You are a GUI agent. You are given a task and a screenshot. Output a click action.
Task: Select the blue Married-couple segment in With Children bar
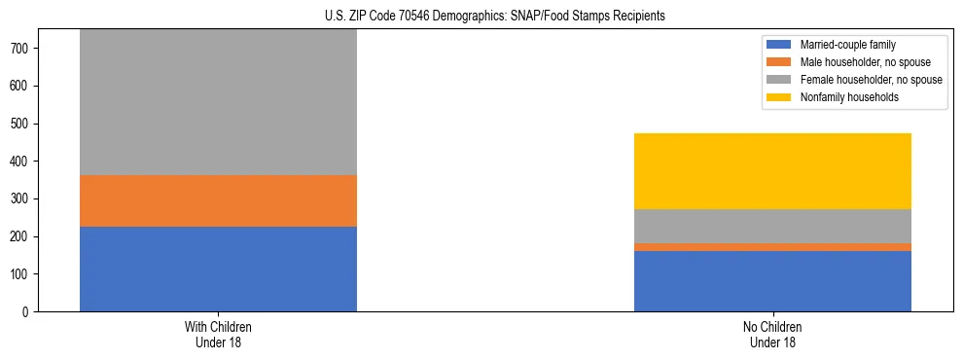point(218,269)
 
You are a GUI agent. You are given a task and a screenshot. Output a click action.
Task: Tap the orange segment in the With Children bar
point(218,200)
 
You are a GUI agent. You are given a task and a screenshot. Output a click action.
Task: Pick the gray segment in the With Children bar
point(218,102)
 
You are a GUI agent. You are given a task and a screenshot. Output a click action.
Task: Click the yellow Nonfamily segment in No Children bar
point(772,171)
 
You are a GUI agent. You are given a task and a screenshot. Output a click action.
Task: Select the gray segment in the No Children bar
point(772,226)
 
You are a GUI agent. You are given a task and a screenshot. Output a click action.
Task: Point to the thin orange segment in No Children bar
point(772,247)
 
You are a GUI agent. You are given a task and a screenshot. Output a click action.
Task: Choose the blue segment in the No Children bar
point(772,281)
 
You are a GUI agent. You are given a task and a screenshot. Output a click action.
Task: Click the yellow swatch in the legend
point(779,97)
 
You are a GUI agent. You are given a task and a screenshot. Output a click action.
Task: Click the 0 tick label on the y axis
point(31,312)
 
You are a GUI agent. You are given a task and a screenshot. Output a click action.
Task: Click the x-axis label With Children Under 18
point(218,334)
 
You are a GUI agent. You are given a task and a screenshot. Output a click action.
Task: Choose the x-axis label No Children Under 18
point(772,334)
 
